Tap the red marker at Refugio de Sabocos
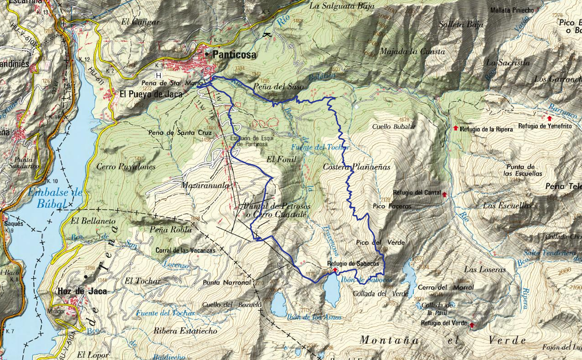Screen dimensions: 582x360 [335, 270]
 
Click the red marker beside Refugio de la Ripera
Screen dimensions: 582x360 [456, 128]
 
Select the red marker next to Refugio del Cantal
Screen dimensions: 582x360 [444, 195]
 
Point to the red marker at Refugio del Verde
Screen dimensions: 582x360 [472, 325]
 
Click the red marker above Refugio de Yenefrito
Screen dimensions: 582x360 [549, 118]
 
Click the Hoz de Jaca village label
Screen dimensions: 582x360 [82, 291]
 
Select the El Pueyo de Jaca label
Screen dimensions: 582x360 [151, 95]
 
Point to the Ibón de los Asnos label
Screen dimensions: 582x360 [314, 317]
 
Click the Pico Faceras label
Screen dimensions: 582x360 [392, 206]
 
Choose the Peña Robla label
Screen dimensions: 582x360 [171, 230]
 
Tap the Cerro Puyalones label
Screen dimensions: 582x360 [126, 167]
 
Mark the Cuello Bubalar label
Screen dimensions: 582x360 [394, 127]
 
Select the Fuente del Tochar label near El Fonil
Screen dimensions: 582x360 [326, 147]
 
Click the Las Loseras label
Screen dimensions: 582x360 [485, 270]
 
